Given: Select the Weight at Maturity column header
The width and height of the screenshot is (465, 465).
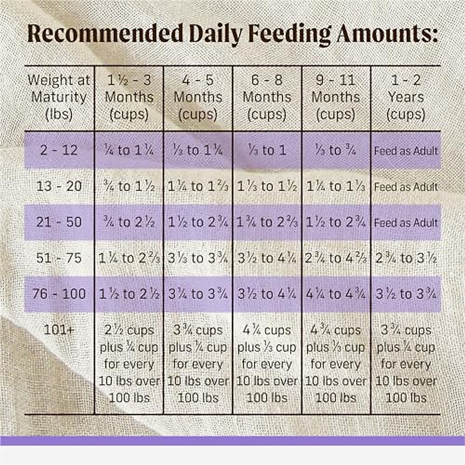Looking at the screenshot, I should click(59, 97).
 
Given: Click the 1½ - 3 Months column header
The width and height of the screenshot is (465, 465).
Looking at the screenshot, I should click(129, 97).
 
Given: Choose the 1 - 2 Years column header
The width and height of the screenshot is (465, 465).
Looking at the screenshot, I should click(406, 97).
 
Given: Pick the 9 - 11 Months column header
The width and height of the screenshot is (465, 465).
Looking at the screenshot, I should click(336, 97).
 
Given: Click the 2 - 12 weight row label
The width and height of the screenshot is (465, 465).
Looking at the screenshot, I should click(59, 150).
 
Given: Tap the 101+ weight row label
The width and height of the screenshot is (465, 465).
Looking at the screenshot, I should click(59, 330).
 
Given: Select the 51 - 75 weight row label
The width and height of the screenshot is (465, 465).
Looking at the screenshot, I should click(59, 258).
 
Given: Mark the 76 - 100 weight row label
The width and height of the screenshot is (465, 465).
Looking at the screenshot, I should click(59, 294).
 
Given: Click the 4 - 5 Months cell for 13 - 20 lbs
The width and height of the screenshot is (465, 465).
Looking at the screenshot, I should click(198, 186).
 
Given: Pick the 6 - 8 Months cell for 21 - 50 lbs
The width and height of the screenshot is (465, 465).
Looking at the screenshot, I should click(267, 222).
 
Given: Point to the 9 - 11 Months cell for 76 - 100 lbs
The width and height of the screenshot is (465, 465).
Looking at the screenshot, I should click(336, 294).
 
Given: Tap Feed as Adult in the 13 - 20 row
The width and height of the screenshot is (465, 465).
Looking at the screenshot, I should click(406, 187).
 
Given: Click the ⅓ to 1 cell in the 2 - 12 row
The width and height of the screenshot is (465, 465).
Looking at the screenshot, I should click(267, 150).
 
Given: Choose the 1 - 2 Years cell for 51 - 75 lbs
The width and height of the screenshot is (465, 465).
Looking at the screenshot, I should click(406, 258).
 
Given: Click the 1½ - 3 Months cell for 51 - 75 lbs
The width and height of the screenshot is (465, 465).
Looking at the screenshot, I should click(129, 258).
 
